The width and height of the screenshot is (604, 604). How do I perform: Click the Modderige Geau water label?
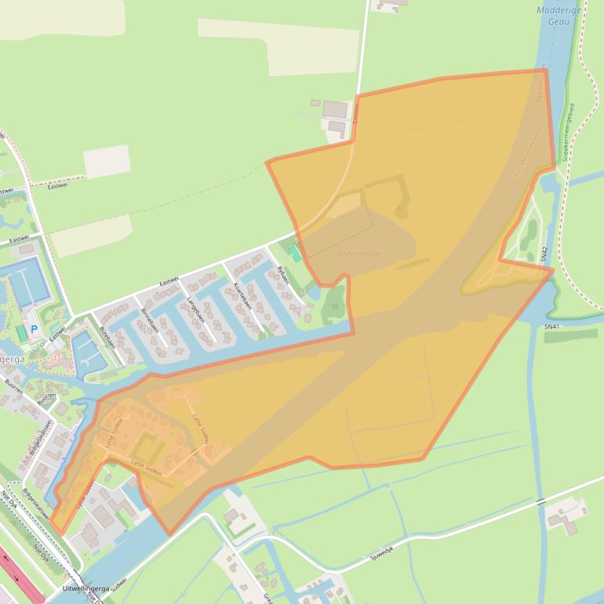pos(559,16)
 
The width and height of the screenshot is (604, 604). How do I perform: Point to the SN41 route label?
pos(552,326)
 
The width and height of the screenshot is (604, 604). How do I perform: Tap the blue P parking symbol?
pos(34,329)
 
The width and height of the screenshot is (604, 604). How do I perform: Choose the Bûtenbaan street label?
pos(107,338)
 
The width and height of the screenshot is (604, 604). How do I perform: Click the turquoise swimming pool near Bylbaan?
pos(296,253)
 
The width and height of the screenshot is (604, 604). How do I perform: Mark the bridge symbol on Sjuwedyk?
pos(541,500)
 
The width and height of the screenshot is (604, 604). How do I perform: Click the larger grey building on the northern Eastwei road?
pos(335,109)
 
